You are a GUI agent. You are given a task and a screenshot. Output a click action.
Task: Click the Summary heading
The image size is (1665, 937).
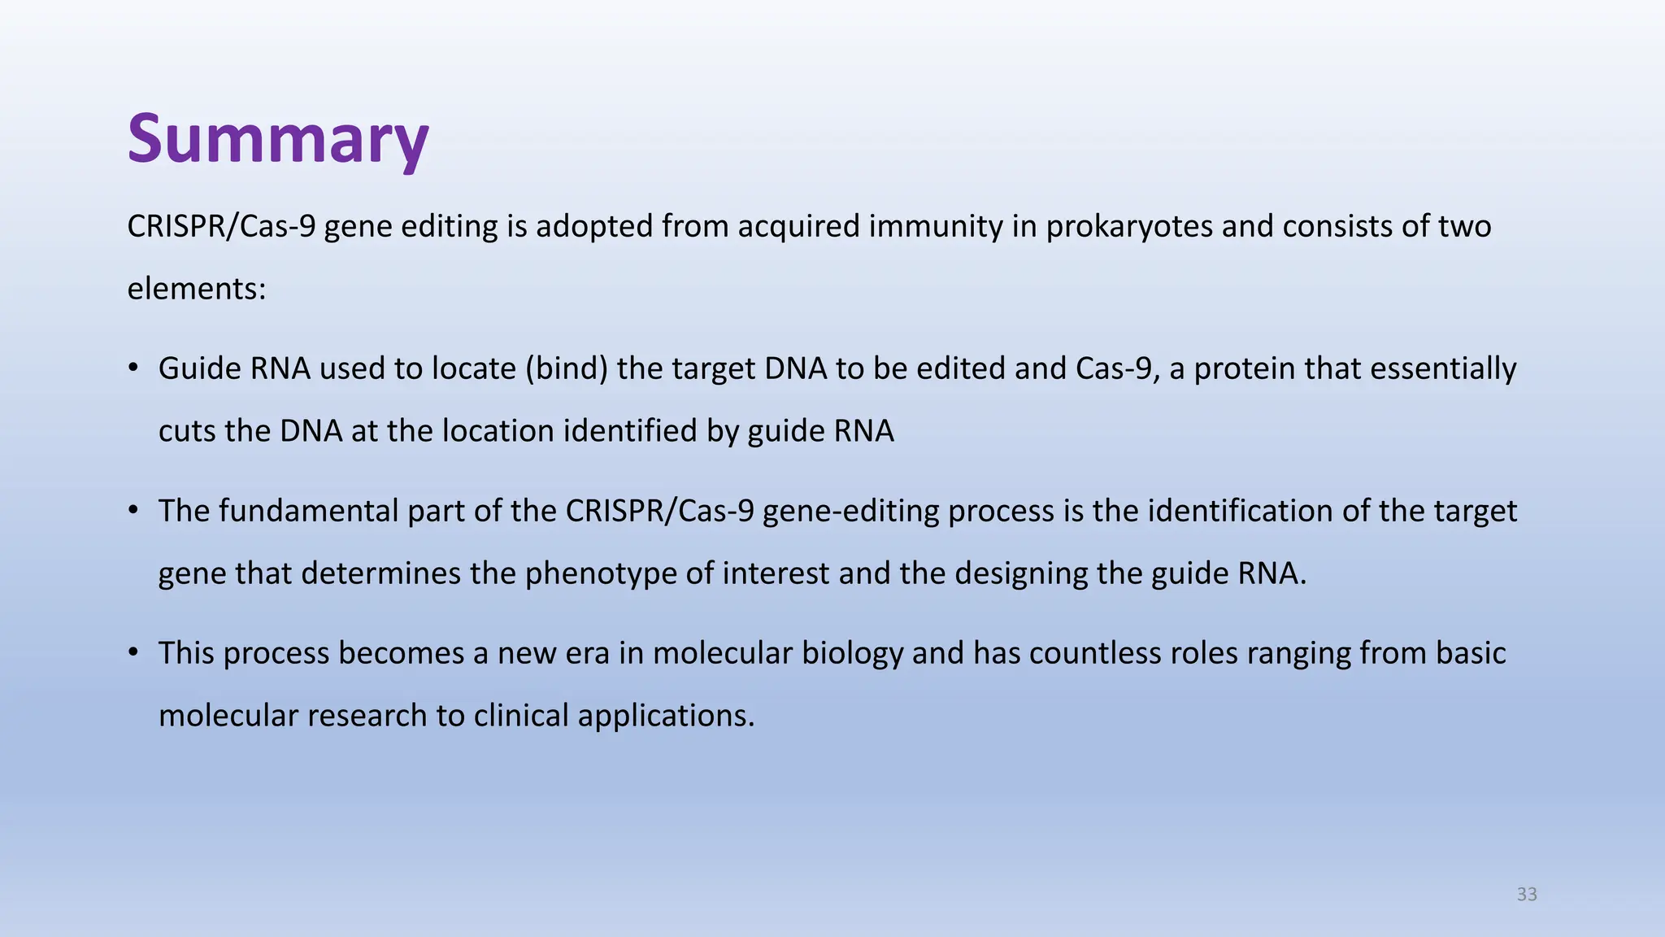click(x=278, y=139)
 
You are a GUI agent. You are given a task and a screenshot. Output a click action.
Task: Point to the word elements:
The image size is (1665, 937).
click(x=197, y=289)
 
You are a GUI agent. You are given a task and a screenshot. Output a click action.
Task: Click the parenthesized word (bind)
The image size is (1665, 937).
click(x=567, y=368)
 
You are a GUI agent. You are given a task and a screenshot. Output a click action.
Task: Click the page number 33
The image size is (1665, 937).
click(x=1527, y=894)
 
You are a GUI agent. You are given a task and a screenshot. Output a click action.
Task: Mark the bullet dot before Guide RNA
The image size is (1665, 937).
click(x=133, y=368)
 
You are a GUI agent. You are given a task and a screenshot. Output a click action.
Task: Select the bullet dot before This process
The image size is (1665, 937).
click(x=133, y=652)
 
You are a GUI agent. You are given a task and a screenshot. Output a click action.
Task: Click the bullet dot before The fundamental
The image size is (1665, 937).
click(x=133, y=510)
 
